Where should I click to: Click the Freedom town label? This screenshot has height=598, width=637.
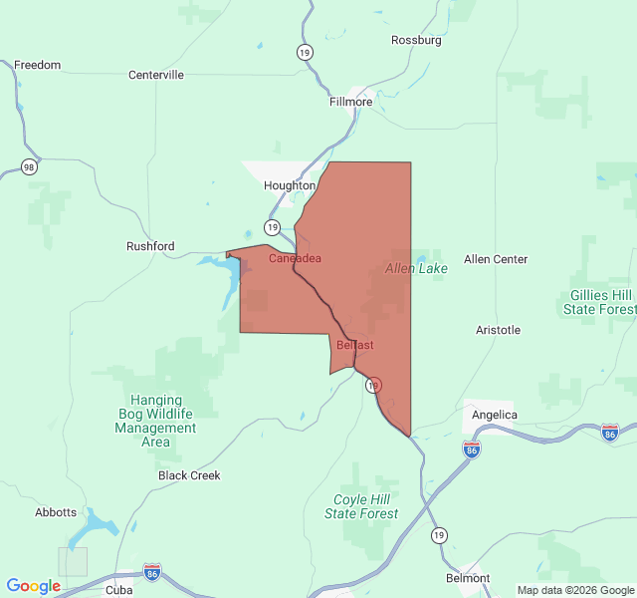click(x=37, y=65)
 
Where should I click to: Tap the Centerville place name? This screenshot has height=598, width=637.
click(x=156, y=75)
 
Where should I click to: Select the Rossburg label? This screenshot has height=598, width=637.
click(x=415, y=40)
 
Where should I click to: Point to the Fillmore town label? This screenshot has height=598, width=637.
click(x=350, y=102)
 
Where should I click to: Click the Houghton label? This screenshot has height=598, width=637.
click(x=290, y=185)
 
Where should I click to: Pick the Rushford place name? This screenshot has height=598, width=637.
click(x=150, y=246)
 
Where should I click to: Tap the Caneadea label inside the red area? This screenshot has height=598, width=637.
click(x=295, y=258)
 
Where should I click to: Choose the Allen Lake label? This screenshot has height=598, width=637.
click(x=416, y=268)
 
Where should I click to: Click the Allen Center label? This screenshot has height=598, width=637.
click(x=496, y=259)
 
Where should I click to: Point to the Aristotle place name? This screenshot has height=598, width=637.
click(x=498, y=330)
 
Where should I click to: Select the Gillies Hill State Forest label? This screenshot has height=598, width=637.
click(x=597, y=302)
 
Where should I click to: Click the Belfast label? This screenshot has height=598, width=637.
click(x=355, y=345)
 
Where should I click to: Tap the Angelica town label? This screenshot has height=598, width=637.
click(x=495, y=415)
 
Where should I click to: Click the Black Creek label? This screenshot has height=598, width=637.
click(x=189, y=475)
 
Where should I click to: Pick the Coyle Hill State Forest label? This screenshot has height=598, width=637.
click(x=361, y=506)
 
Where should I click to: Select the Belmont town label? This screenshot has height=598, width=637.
click(x=468, y=578)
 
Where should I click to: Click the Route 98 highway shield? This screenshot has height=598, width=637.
click(x=30, y=166)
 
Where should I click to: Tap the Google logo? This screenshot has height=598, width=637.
click(x=33, y=586)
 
